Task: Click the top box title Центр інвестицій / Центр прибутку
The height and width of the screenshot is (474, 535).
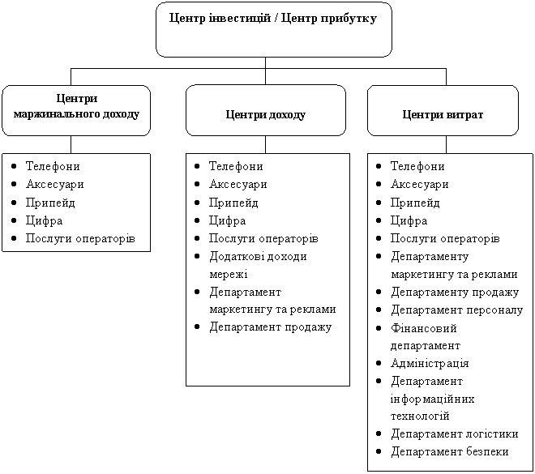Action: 273,19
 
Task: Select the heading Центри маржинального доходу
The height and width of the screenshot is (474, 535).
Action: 76,106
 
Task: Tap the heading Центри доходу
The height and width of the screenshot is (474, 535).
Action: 265,115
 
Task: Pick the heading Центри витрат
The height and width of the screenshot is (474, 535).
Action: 443,115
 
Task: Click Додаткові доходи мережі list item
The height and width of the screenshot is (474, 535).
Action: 258,265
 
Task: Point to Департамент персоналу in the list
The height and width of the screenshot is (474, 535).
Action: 457,310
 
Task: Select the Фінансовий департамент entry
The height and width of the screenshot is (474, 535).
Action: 426,337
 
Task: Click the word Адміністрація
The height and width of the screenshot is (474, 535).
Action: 430,363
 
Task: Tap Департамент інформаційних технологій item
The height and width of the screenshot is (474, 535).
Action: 433,399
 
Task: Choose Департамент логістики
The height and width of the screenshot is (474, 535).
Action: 455,433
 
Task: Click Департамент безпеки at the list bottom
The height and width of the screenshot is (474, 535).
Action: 450,451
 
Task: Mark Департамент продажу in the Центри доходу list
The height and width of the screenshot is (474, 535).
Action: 270,327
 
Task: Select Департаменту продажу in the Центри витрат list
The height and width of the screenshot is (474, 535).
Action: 455,293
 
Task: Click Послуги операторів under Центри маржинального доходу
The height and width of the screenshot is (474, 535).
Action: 80,239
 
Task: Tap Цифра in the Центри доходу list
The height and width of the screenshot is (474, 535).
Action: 227,221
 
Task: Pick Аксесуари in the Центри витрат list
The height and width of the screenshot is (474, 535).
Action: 419,184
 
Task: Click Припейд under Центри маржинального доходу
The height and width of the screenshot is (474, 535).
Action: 50,203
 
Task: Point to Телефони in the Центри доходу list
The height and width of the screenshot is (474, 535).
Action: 236,166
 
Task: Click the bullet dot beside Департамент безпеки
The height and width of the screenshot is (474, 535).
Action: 379,451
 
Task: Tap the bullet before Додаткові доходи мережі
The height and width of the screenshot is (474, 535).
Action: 197,256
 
